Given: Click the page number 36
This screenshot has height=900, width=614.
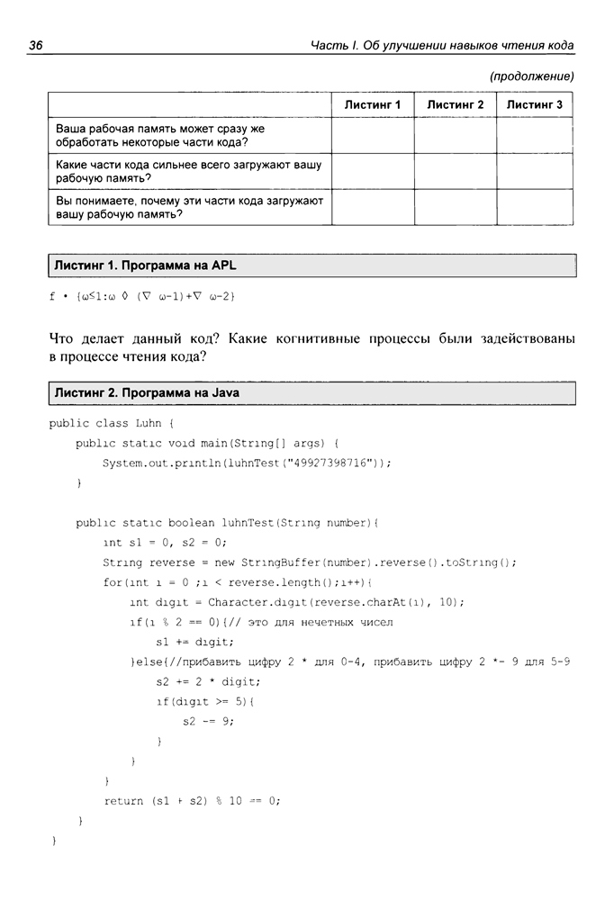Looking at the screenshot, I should (37, 45).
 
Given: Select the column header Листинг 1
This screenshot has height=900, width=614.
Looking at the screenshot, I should (372, 104).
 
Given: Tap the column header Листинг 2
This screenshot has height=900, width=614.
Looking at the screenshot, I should (455, 104).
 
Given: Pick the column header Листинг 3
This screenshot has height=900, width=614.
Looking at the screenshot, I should (534, 104).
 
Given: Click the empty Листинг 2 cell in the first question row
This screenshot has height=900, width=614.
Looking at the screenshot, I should (455, 135).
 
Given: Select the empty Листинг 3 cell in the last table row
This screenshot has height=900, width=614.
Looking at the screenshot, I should (534, 207).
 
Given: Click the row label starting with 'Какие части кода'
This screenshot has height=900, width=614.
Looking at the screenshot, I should (188, 171).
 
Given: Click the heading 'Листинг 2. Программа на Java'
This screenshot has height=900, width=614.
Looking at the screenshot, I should (147, 393).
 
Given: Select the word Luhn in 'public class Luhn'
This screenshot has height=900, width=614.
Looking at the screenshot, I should (149, 422).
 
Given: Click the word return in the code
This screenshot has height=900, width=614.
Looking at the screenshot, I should (123, 800).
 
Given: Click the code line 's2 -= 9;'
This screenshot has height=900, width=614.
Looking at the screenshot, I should (208, 721).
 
